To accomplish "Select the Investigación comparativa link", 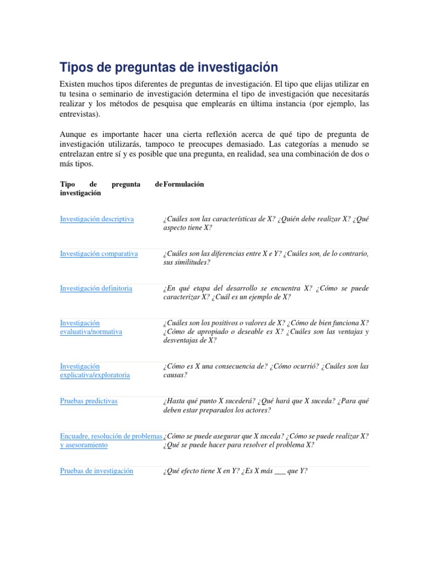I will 99,254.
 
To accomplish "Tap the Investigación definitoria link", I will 96,288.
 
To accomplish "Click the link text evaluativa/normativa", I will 91,332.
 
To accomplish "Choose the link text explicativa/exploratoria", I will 95,375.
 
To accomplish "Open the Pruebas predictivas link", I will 89,401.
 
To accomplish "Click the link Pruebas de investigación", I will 97,471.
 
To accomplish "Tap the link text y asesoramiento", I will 84,445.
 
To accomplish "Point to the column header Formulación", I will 184,184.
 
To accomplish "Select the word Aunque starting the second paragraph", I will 73,135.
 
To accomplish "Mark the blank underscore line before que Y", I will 277,471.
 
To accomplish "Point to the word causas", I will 175,375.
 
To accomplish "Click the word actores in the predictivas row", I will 258,410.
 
